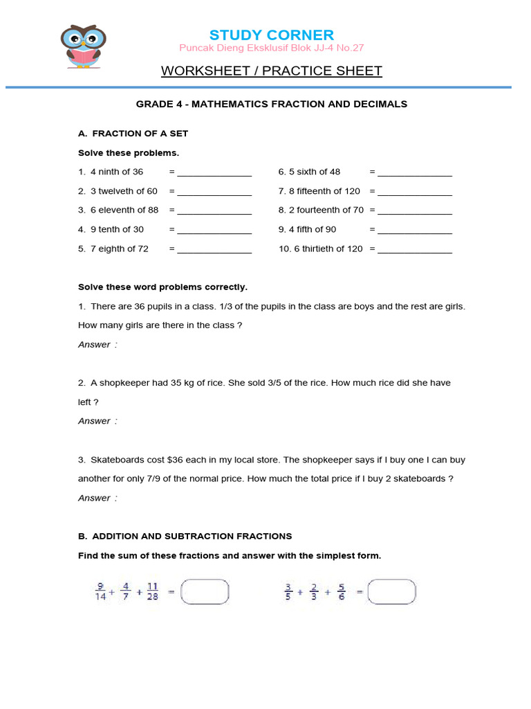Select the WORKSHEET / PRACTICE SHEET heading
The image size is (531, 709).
pos(271,71)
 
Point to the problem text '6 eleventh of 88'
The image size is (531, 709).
pos(118,210)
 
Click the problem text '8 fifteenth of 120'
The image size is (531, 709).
pos(319,191)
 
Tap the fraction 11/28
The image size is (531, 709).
pos(152,592)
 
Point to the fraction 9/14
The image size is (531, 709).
pos(100,592)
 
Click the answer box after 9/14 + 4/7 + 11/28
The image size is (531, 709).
pos(205,592)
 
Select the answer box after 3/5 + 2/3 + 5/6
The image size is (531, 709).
pos(392,592)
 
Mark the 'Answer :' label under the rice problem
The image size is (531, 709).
pos(97,421)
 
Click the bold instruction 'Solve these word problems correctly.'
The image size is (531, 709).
pos(162,287)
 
